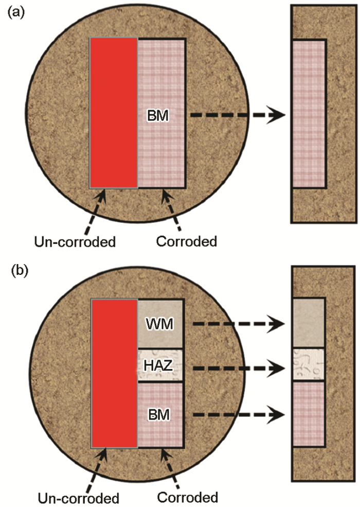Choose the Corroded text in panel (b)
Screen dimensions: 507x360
187,498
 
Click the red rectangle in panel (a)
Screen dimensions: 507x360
114,113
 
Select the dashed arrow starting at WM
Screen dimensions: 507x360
237,324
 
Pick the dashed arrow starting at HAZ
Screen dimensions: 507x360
237,368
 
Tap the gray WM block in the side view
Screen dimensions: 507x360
309,323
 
